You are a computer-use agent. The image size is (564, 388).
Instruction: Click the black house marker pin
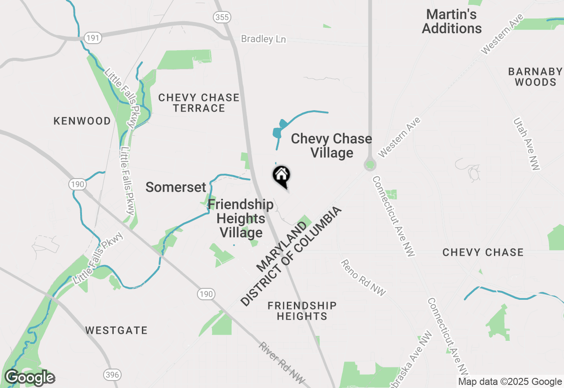pos(282,176)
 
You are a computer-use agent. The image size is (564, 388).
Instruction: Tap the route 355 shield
pos(221,17)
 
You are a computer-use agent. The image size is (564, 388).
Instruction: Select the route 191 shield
pos(93,38)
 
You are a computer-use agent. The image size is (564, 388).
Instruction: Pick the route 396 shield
pos(112,375)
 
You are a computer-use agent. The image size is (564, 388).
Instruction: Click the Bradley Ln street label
pos(263,39)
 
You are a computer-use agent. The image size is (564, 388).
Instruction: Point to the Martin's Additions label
pos(452,21)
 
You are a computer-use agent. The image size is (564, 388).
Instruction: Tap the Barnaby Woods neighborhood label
pos(535,77)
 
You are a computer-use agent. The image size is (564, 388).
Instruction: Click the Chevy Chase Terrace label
pos(199,103)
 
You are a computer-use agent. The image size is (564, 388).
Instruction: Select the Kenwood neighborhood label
pos(82,121)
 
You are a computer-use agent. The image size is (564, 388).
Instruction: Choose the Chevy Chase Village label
pos(331,145)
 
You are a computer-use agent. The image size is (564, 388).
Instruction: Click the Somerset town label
pos(176,187)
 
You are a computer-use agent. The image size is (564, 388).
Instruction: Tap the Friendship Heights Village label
pos(241,218)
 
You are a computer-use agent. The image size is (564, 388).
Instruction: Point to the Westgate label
pos(116,330)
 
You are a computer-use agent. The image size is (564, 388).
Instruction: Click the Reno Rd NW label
pos(364,278)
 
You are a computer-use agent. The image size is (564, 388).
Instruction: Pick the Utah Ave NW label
pos(527,144)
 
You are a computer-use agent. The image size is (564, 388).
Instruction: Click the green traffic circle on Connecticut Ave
pos(370,165)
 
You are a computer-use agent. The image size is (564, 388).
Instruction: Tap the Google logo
pos(30,378)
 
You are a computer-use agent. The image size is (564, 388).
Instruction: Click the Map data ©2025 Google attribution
pos(510,382)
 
